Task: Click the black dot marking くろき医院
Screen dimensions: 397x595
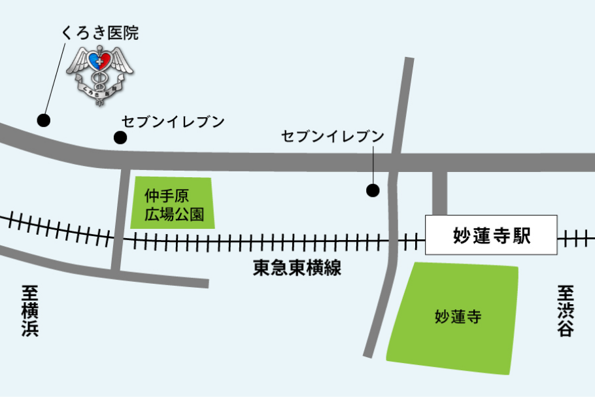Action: [44, 120]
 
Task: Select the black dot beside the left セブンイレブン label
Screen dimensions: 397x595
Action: [120, 137]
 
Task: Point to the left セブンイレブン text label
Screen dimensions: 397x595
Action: [173, 122]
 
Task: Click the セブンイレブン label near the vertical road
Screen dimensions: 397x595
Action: [332, 136]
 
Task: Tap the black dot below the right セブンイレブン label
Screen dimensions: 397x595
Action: [373, 190]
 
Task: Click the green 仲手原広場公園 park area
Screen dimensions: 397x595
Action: [172, 203]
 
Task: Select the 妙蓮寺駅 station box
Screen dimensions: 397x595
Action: [492, 235]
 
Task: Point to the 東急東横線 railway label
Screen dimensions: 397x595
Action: [297, 268]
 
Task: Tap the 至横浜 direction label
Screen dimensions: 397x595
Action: [30, 310]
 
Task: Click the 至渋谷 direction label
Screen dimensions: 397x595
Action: [566, 310]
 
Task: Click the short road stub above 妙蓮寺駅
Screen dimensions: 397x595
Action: [439, 192]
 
